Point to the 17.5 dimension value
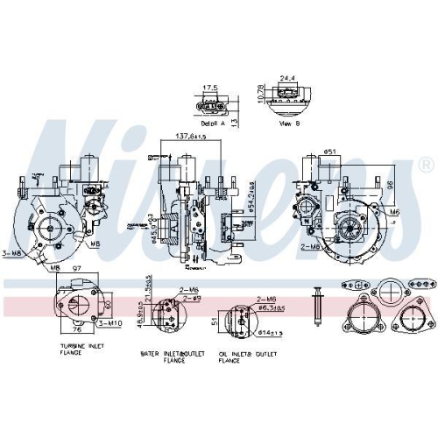(210, 88)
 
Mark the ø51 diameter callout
(332, 151)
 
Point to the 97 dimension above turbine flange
(76, 267)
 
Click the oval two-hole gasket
(351, 283)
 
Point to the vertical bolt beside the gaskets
(319, 304)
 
